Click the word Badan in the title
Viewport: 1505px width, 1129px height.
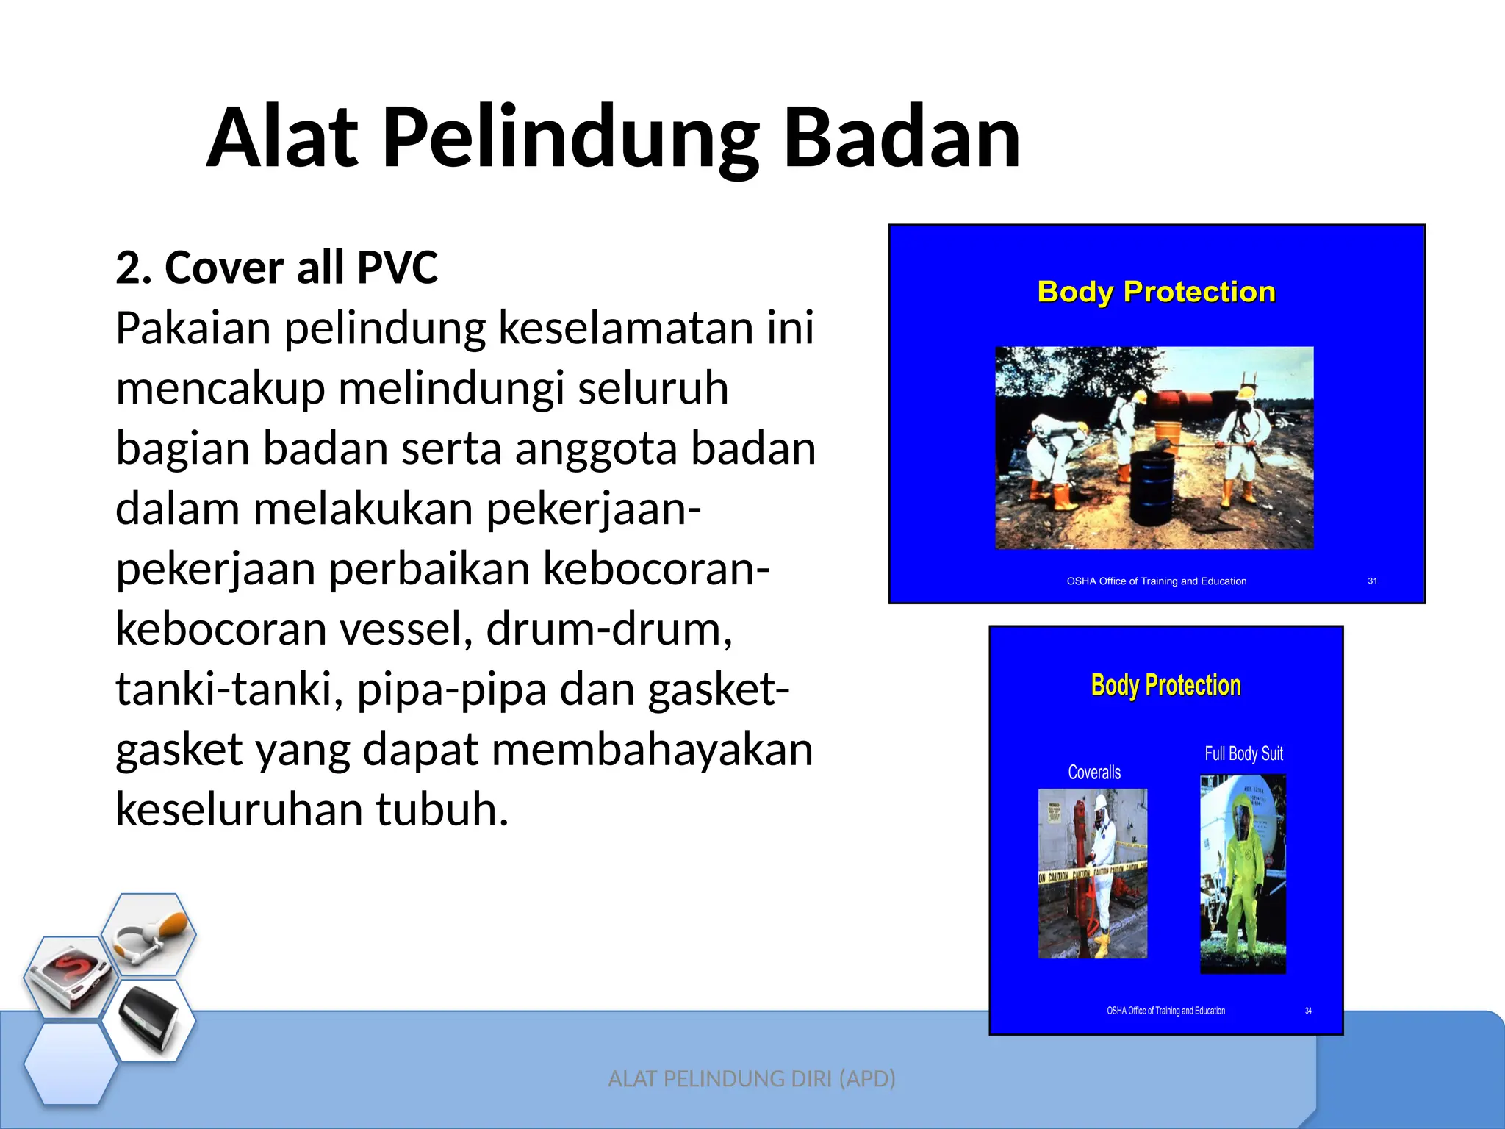(902, 137)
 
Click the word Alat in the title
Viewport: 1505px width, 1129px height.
(283, 137)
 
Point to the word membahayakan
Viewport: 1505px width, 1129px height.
(652, 750)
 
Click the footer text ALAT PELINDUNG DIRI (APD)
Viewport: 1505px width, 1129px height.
(752, 1078)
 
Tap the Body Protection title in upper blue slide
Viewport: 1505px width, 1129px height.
(1156, 292)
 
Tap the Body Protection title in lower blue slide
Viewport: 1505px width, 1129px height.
(1165, 685)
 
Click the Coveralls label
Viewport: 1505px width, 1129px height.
(1094, 773)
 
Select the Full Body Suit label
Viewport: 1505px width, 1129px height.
(1243, 753)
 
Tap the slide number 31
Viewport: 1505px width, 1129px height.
(1372, 581)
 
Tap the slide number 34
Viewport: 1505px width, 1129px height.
(1308, 1011)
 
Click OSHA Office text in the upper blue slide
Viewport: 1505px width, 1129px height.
(1156, 581)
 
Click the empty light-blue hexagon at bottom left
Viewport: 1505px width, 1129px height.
(71, 1064)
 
